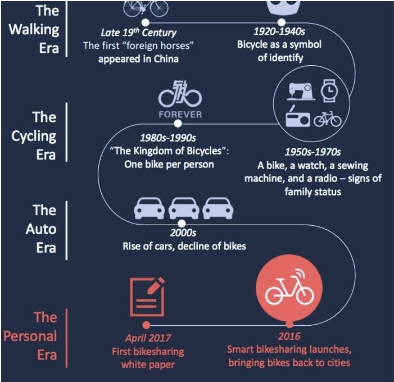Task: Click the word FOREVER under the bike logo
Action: (x=179, y=114)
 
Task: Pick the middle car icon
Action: (x=184, y=208)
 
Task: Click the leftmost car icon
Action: (x=150, y=208)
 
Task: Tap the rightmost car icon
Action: (x=218, y=208)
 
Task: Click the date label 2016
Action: (x=289, y=336)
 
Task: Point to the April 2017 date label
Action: (x=148, y=338)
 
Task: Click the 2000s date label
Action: (x=183, y=233)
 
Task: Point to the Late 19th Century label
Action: (x=138, y=33)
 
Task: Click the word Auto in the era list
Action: (x=42, y=229)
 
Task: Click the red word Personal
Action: (x=30, y=336)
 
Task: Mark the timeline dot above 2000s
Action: (x=182, y=223)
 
